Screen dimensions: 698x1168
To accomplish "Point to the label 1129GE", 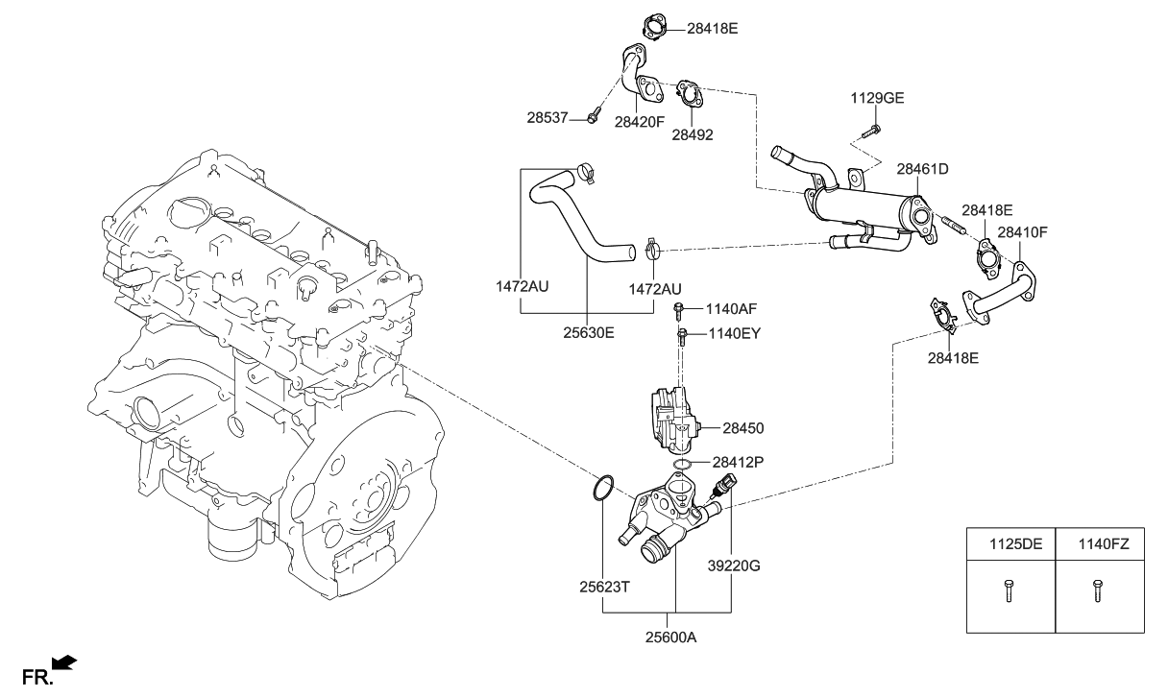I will [877, 98].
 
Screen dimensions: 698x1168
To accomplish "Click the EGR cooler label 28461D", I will [922, 169].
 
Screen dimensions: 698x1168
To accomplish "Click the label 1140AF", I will [732, 309].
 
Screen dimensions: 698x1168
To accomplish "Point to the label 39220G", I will [733, 566].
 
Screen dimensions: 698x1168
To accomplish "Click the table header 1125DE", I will [1010, 544].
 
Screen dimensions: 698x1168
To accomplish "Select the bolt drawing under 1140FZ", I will [1097, 590].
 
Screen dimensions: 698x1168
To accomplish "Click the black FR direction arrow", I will [63, 662].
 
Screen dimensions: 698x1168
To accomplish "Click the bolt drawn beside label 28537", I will [593, 118].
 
